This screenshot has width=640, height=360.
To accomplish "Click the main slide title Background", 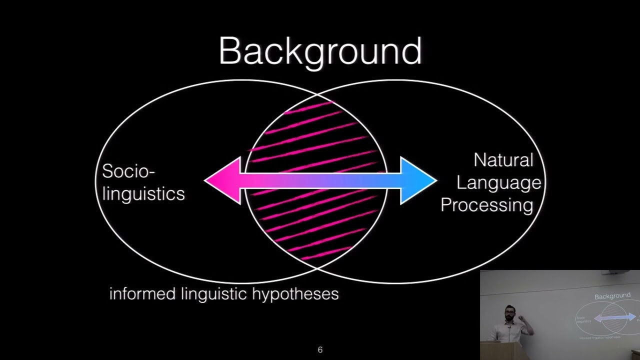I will [320, 51].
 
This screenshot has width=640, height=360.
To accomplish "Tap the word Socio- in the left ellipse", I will [128, 171].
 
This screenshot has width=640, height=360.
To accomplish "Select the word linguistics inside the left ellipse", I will [143, 194].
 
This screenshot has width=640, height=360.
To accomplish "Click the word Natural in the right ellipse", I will [503, 160].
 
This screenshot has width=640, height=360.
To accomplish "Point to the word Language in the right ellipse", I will [498, 182].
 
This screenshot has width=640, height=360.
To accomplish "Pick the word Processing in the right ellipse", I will [486, 205].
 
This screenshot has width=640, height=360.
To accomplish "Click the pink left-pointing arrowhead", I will [222, 180].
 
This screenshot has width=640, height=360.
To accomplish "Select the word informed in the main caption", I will [142, 293].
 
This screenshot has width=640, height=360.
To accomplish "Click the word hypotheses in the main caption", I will [295, 294].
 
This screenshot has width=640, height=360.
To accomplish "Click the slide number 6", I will [320, 350].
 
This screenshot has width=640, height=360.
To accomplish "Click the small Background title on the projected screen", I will [612, 296].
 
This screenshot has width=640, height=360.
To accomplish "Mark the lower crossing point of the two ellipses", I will [316, 268].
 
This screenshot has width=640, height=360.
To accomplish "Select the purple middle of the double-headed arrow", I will [320, 180].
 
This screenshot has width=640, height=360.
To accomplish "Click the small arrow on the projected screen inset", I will [615, 317].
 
